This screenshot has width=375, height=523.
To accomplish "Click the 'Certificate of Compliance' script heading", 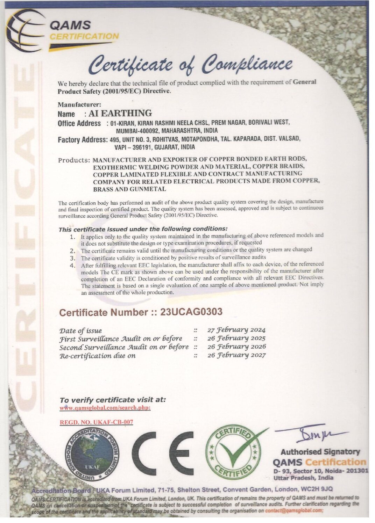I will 190,65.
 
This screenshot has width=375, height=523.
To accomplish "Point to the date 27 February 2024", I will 236,330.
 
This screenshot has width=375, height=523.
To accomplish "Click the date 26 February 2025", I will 236,338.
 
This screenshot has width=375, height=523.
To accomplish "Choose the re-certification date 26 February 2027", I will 236,355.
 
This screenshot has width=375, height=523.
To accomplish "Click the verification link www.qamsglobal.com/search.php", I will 105,408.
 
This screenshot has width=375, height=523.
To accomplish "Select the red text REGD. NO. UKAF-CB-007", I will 97,422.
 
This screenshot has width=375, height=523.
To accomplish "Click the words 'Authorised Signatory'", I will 320,452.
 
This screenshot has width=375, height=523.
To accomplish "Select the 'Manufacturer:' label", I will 79,104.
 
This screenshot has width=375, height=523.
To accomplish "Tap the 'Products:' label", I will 74,160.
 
